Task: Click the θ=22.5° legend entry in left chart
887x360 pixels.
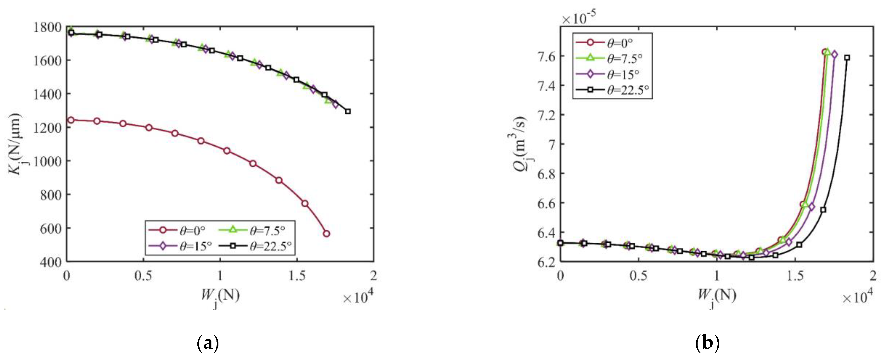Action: [257, 246]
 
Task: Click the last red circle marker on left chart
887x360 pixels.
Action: [326, 234]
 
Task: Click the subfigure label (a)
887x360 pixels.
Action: [208, 343]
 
